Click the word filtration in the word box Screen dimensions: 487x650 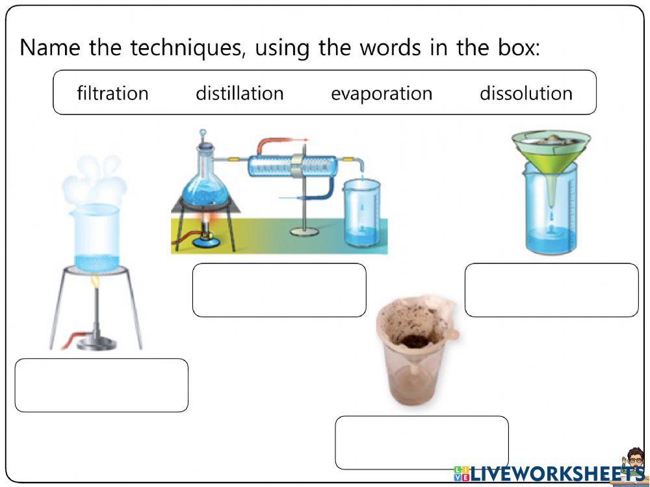[x=112, y=93]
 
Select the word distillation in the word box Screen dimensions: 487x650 [x=239, y=93]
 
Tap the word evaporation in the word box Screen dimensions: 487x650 [x=381, y=93]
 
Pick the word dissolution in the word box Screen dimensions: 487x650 [x=526, y=93]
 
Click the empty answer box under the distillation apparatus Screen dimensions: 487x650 [x=279, y=290]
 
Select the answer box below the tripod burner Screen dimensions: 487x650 [x=101, y=385]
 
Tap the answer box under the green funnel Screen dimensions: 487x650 [x=551, y=290]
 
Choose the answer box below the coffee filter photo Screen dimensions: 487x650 [x=421, y=442]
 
